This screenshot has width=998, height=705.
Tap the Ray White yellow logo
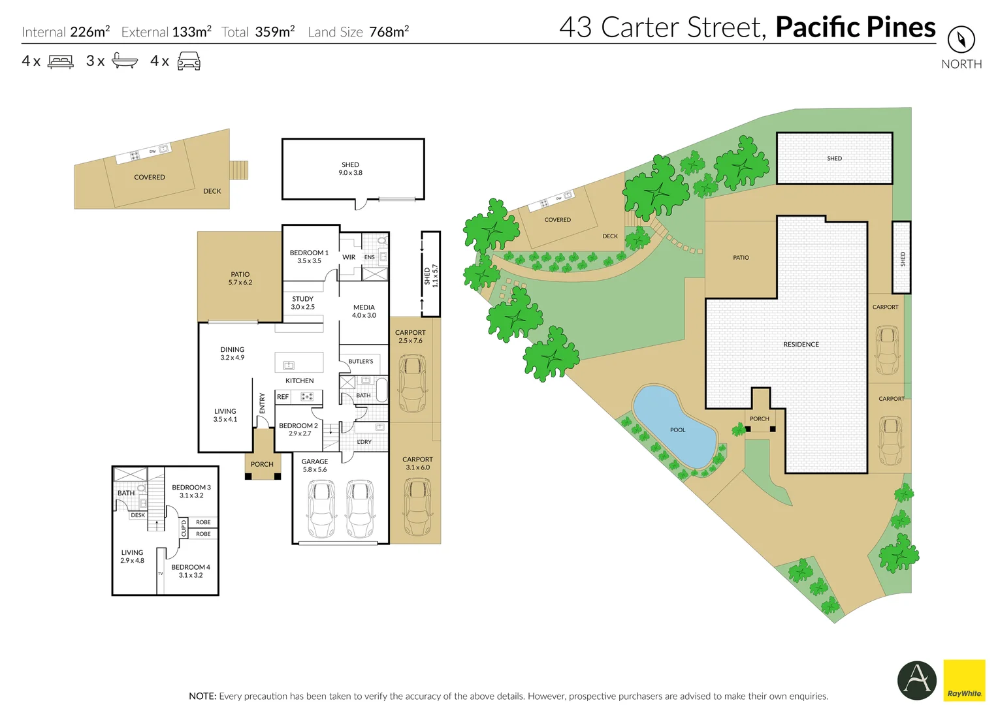[964, 680]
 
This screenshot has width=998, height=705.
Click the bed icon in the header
[61, 62]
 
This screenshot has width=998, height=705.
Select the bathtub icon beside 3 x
[125, 61]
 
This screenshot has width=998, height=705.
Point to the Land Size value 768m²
[389, 31]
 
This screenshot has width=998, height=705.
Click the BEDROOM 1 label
[309, 253]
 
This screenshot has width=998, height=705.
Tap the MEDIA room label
[364, 307]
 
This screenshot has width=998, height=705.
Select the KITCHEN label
[299, 381]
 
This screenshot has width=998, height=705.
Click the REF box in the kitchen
[283, 397]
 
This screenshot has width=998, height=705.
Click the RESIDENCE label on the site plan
[801, 345]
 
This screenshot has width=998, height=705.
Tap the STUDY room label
[302, 299]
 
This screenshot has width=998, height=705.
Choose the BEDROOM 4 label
[191, 567]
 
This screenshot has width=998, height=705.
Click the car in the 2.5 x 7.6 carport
[412, 383]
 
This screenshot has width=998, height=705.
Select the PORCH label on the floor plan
[262, 465]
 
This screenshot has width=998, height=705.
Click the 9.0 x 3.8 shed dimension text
[350, 173]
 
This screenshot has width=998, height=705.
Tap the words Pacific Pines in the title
[855, 27]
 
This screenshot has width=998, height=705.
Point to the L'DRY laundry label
[364, 442]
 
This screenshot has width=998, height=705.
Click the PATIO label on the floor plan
[240, 275]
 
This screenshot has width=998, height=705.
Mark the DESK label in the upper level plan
[138, 515]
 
